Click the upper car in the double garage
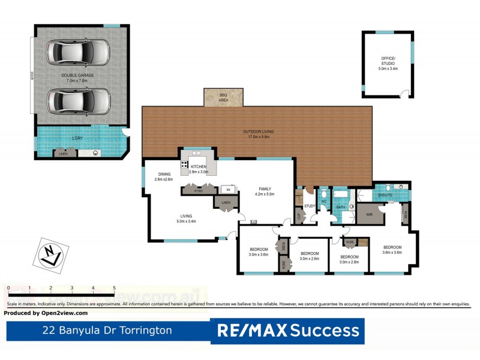(79, 52)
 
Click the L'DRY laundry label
(77, 139)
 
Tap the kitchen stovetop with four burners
(185, 164)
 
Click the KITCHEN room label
(199, 166)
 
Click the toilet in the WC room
(323, 194)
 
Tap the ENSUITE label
(385, 195)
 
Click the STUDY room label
(310, 206)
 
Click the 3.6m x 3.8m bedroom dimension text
(392, 253)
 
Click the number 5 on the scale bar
(114, 288)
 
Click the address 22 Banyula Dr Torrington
(107, 330)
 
